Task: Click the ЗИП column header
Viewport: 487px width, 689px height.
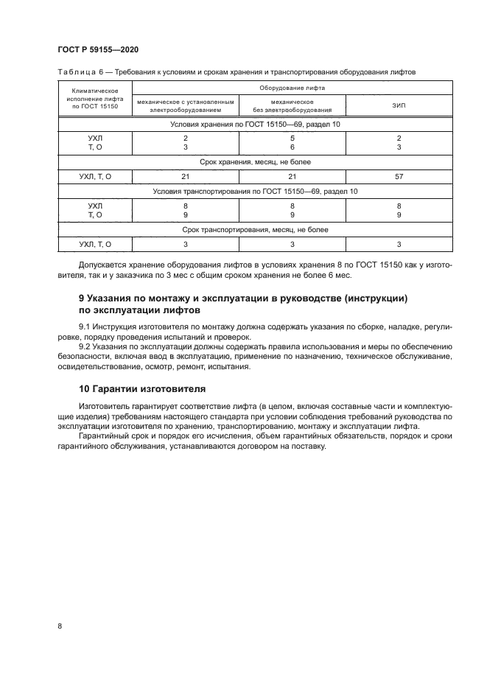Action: point(399,105)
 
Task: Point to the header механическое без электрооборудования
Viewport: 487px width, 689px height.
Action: point(292,105)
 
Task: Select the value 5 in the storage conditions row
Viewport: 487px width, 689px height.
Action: point(292,139)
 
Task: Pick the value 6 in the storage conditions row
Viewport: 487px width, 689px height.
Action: point(292,147)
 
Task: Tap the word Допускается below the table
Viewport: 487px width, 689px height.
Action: point(101,265)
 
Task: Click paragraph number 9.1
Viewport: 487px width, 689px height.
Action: point(85,325)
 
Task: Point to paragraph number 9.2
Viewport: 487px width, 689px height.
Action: point(85,344)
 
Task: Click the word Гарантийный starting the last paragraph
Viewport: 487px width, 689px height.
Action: point(102,436)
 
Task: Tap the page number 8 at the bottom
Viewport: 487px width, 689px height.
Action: point(60,626)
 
